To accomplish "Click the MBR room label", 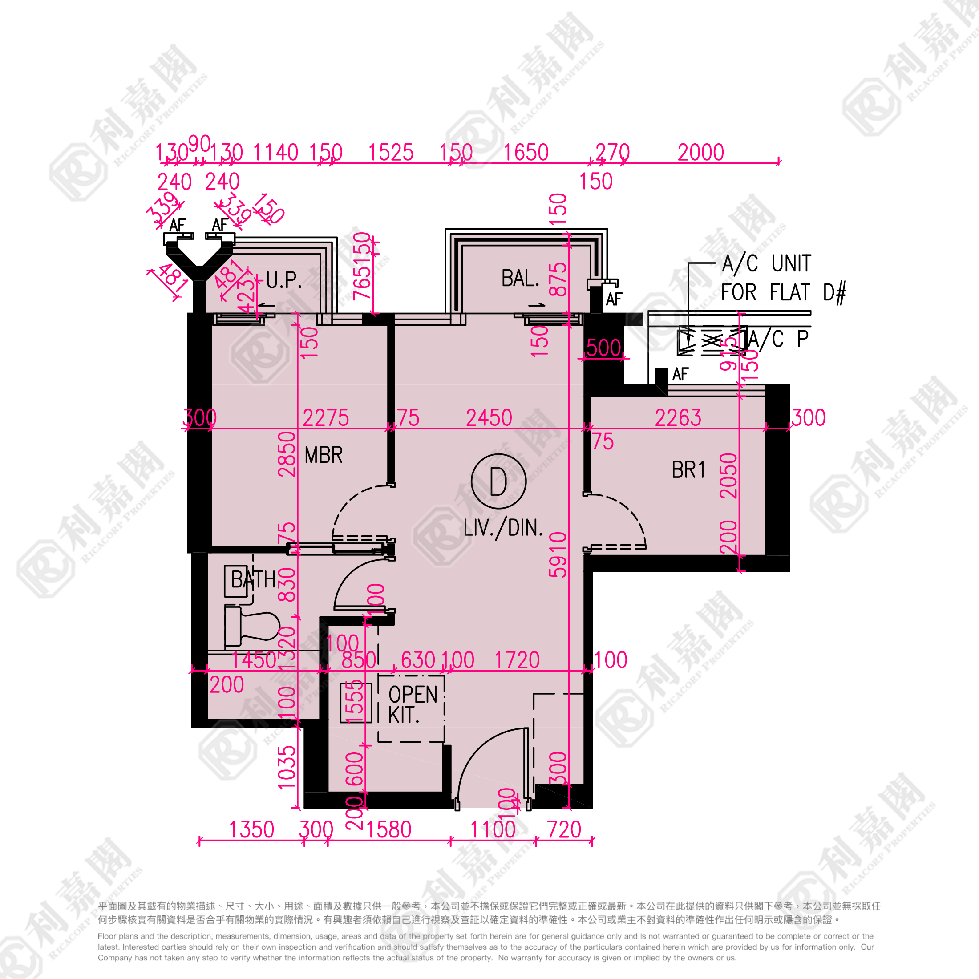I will click(324, 455).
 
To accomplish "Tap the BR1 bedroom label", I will click(688, 470).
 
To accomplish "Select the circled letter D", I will click(498, 481).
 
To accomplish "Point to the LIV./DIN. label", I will click(503, 528).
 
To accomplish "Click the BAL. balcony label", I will click(520, 278).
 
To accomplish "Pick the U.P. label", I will click(284, 280).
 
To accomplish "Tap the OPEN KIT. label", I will click(412, 705).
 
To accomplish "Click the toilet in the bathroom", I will click(253, 628).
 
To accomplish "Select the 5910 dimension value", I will click(558, 554).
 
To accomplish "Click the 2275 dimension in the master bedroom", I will click(325, 418).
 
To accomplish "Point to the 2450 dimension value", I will click(489, 418).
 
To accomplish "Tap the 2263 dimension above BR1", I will click(678, 418).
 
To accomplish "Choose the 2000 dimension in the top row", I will click(701, 153).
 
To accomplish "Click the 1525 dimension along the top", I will click(391, 153).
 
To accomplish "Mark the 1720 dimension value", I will click(517, 660).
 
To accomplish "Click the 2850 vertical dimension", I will click(287, 454).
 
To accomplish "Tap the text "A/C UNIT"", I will click(766, 263).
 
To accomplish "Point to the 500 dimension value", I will click(603, 348).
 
